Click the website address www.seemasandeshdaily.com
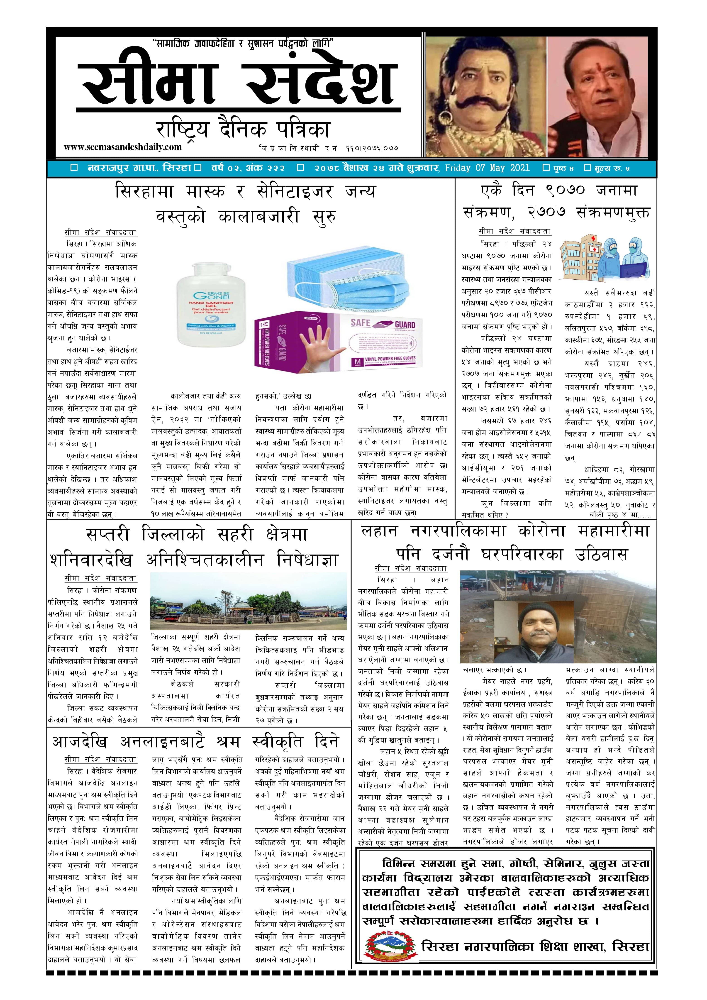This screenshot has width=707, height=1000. (x=122, y=147)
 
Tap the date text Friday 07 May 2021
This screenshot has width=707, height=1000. (x=487, y=168)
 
